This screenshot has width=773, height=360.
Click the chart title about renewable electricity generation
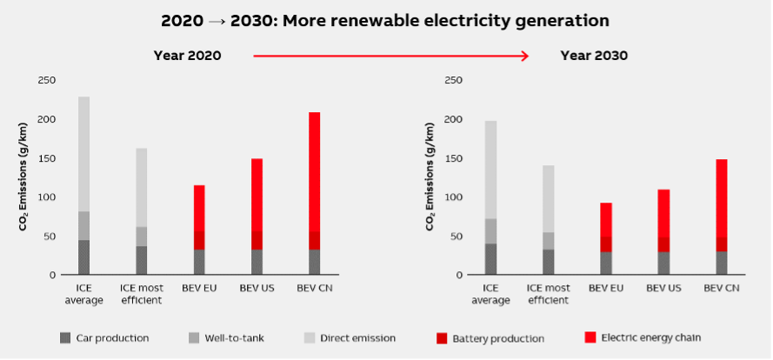tap(385, 19)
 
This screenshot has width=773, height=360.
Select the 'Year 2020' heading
tap(187, 56)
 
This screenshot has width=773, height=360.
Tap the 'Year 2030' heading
tap(594, 56)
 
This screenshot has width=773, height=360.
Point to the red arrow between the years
tap(390, 56)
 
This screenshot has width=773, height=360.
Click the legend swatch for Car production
tap(65, 337)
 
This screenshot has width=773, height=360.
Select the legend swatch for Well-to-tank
tap(193, 337)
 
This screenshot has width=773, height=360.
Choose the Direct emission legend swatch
tap(308, 337)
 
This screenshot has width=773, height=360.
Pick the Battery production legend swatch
tap(441, 337)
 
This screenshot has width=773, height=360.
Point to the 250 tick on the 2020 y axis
tap(46, 81)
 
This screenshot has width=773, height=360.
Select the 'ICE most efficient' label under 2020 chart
tap(140, 294)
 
